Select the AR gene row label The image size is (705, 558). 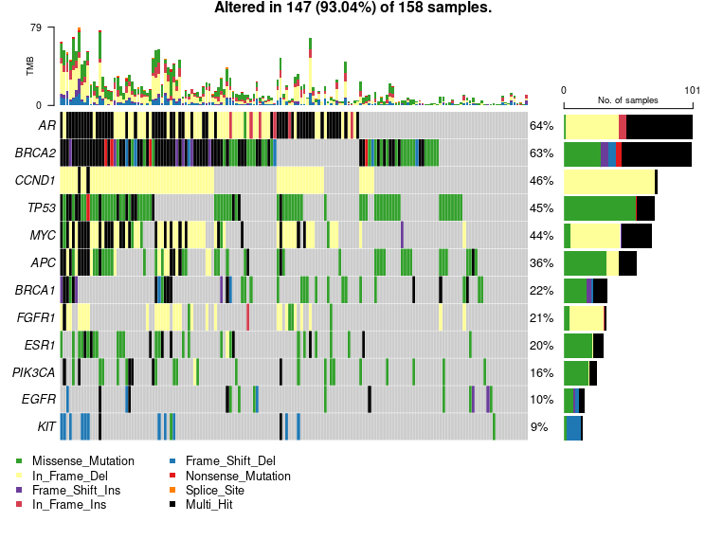(46, 126)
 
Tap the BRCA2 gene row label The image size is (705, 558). (36, 153)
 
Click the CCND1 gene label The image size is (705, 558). (35, 181)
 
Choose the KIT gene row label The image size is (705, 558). (46, 427)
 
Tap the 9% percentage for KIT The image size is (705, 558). (539, 427)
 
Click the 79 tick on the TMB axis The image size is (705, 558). (36, 27)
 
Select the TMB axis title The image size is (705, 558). (30, 66)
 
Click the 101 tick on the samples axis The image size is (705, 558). (692, 91)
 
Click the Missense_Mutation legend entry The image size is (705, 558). (83, 461)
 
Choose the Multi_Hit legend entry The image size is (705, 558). (208, 504)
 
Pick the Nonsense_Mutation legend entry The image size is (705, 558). (238, 476)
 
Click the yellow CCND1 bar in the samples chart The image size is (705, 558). (609, 181)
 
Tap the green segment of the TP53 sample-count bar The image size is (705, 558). (600, 208)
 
